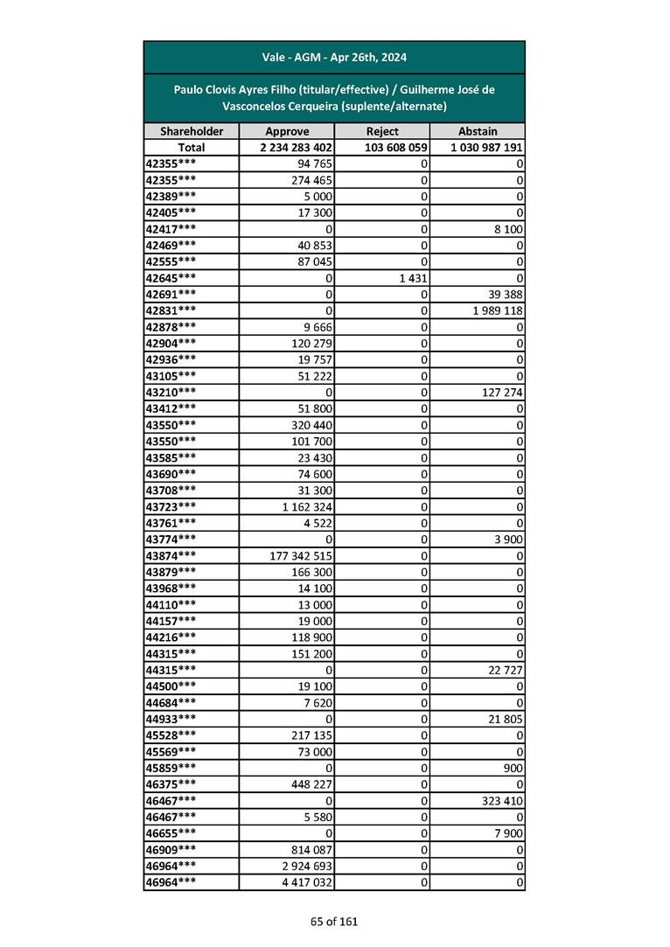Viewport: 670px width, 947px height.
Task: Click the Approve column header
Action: (287, 131)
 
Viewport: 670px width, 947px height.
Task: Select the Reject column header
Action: (382, 131)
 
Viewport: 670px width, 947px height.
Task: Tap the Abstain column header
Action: (477, 131)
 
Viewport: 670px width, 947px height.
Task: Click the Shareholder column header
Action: (192, 131)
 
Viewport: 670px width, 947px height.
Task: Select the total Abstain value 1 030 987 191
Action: (486, 148)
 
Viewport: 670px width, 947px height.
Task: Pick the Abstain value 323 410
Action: (500, 800)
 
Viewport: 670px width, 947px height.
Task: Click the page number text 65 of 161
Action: (334, 921)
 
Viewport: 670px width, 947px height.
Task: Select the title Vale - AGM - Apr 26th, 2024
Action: (334, 58)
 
